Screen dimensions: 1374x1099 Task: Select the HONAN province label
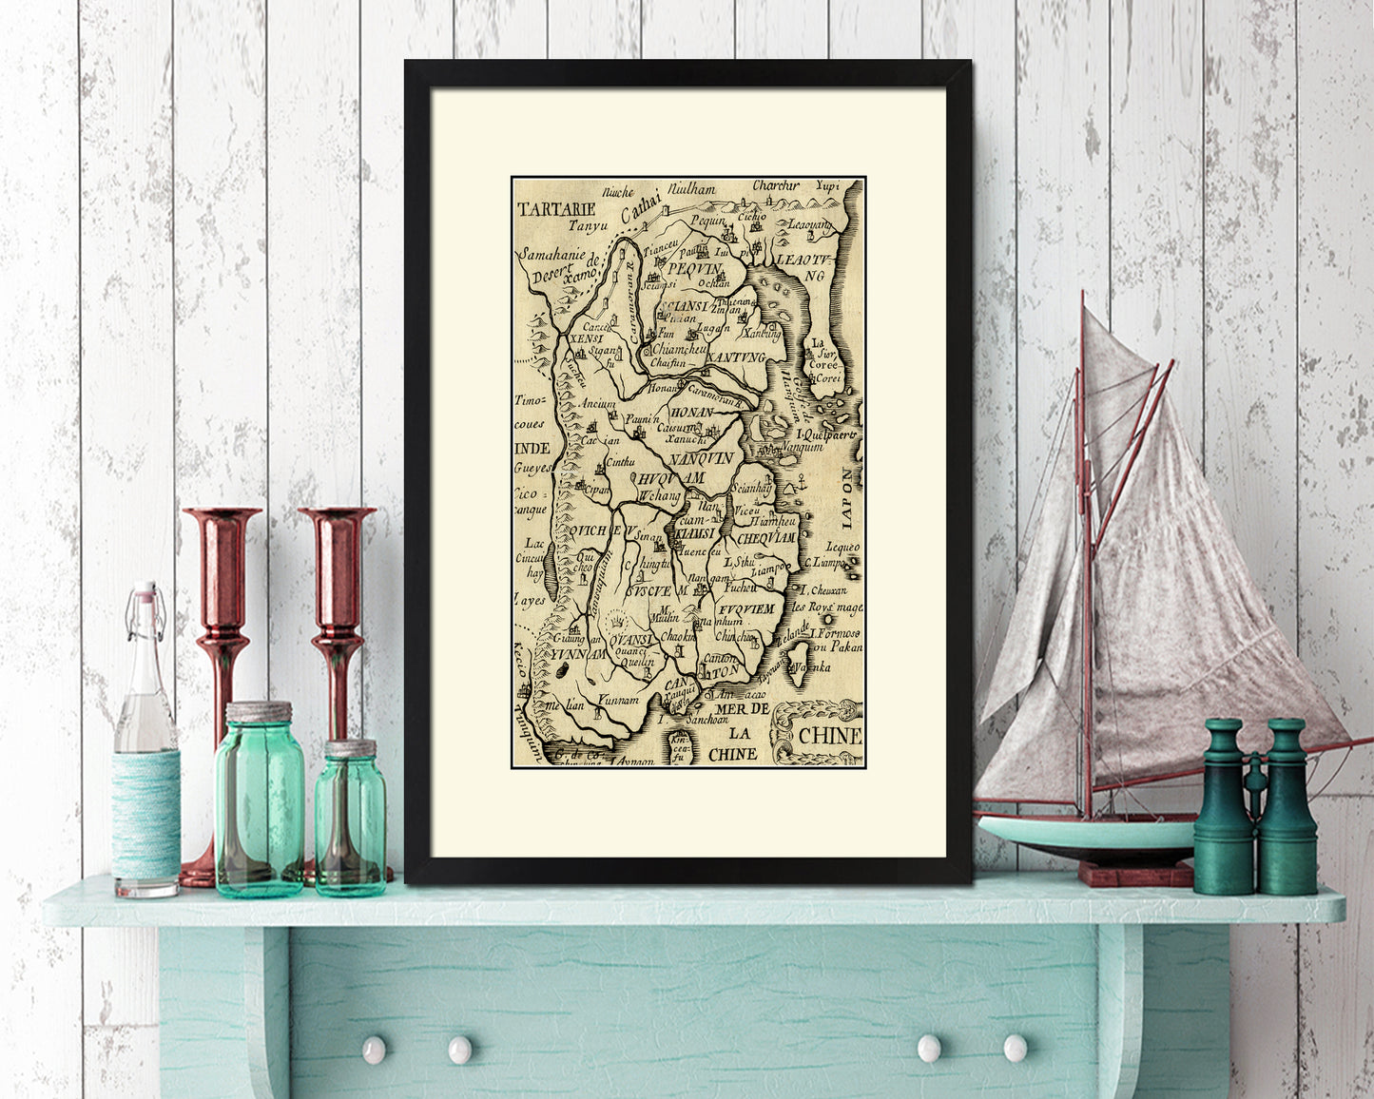(x=691, y=414)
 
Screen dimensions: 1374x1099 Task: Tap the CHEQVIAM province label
(x=764, y=538)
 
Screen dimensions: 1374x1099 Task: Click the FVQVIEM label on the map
(x=750, y=606)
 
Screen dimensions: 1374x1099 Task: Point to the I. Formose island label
(x=835, y=632)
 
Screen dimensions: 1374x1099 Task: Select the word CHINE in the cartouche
(x=830, y=735)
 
